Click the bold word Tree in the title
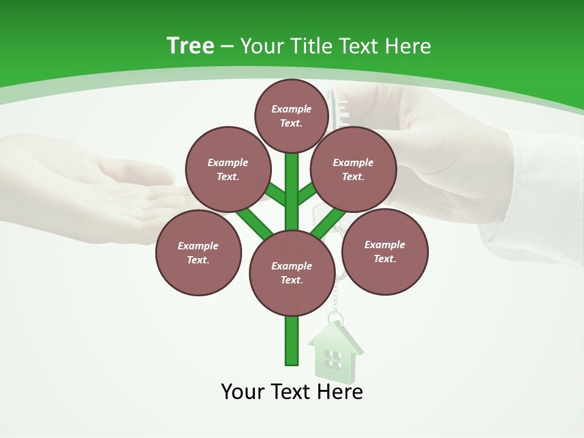pyautogui.click(x=190, y=46)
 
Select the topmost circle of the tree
pyautogui.click(x=291, y=116)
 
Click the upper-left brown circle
pyautogui.click(x=228, y=169)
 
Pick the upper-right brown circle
pyautogui.click(x=353, y=169)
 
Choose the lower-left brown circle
pyautogui.click(x=198, y=252)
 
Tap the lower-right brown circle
pyautogui.click(x=385, y=251)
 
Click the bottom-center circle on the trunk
pyautogui.click(x=292, y=273)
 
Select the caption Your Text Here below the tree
pyautogui.click(x=292, y=391)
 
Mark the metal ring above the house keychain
pyautogui.click(x=336, y=318)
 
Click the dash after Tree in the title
pyautogui.click(x=227, y=46)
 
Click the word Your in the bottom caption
pyautogui.click(x=243, y=391)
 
